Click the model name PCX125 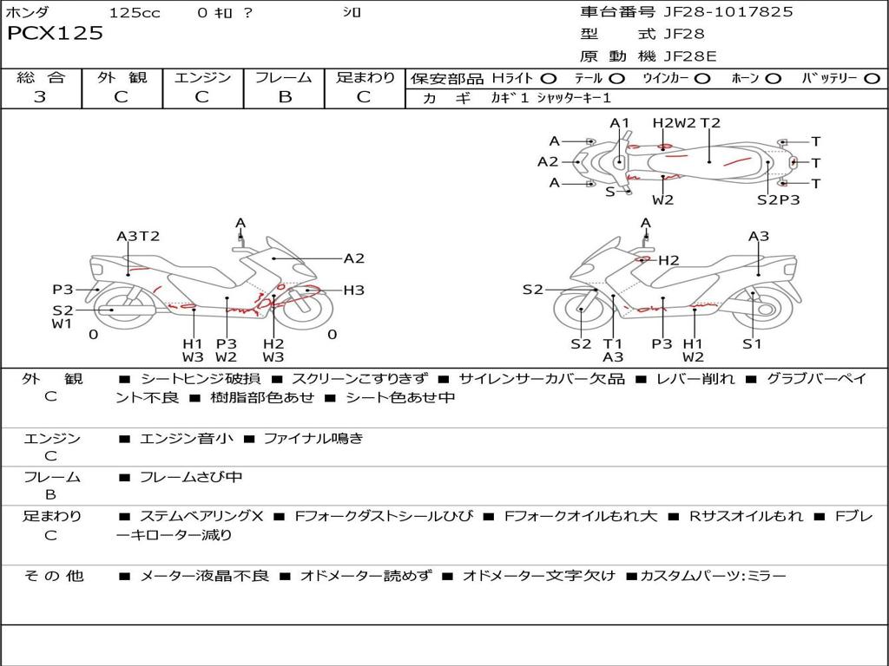pyautogui.click(x=56, y=34)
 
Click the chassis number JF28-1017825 pyautogui.click(x=728, y=12)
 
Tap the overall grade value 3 pyautogui.click(x=40, y=97)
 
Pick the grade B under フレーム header pyautogui.click(x=284, y=97)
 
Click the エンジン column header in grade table pyautogui.click(x=202, y=77)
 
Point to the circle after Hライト pyautogui.click(x=550, y=78)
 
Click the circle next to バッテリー pyautogui.click(x=872, y=78)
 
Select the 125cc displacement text pyautogui.click(x=135, y=13)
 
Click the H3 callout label pyautogui.click(x=353, y=291)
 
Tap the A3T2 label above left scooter pyautogui.click(x=138, y=236)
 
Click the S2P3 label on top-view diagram pyautogui.click(x=778, y=200)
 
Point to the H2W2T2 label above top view pyautogui.click(x=687, y=123)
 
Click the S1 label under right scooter pyautogui.click(x=752, y=343)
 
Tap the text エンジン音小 pyautogui.click(x=187, y=439)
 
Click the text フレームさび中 pyautogui.click(x=191, y=477)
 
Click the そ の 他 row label pyautogui.click(x=54, y=576)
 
